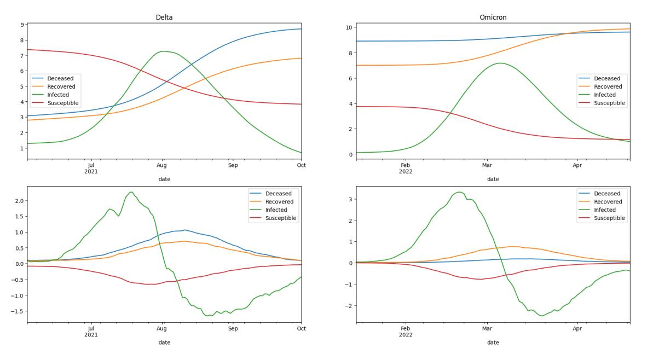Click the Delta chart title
click(164, 18)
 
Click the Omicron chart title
click(493, 18)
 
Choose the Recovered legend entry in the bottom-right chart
click(601, 202)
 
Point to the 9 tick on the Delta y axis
click(22, 25)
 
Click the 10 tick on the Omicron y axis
click(349, 27)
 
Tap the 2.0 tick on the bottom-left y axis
click(19, 201)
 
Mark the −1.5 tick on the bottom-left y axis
click(17, 311)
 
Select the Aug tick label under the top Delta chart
click(162, 165)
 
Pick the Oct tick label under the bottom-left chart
click(302, 329)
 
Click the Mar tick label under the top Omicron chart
click(487, 165)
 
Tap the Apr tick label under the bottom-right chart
click(577, 329)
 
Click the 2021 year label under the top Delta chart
click(91, 172)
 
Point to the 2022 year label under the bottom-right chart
click(406, 335)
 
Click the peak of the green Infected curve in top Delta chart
click(164, 51)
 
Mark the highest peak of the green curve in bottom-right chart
click(459, 191)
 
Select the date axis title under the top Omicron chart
click(493, 179)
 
